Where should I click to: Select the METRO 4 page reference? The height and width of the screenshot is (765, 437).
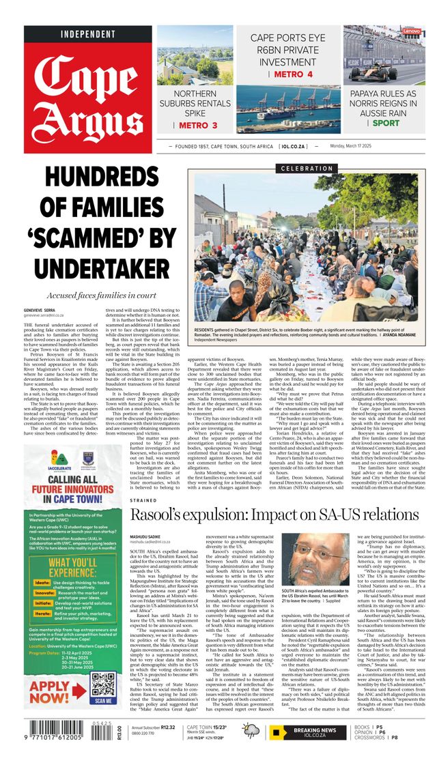[x=292, y=74]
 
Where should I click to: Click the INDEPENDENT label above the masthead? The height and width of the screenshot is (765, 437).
[x=88, y=34]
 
